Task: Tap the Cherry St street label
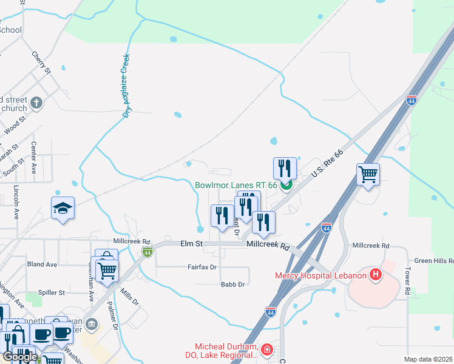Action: [41, 63]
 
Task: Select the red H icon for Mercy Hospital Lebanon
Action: [376, 275]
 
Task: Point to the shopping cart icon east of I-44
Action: [368, 174]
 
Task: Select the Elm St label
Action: [191, 244]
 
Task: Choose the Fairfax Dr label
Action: [202, 267]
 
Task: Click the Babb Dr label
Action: [232, 284]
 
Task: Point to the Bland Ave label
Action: [42, 265]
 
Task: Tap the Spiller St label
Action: [51, 292]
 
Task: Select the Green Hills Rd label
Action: [434, 261]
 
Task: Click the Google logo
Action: [19, 357]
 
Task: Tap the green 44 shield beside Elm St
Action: [146, 251]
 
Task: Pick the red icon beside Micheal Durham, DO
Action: [266, 350]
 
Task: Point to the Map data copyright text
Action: [427, 359]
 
